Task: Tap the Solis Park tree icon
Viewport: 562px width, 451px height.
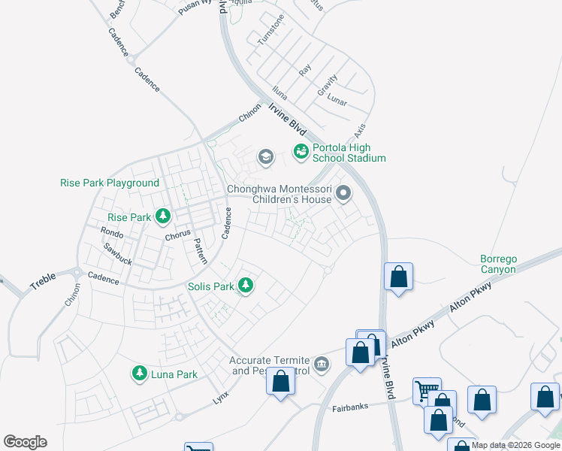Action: pos(245,286)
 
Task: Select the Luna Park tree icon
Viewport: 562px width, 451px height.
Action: pos(139,374)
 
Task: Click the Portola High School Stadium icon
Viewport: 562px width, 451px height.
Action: pos(301,152)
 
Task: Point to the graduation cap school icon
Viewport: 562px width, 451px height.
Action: pos(264,157)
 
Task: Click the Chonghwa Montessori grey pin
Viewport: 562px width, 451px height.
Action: pos(343,195)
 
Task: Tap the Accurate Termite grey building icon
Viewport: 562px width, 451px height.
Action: pos(322,365)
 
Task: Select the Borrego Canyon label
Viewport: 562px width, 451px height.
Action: pos(498,264)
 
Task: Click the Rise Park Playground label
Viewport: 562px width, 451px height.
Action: pos(110,183)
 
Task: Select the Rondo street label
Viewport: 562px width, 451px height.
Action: pos(112,233)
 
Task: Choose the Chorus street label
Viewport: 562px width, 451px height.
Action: pos(177,235)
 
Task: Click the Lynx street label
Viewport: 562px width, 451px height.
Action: pos(220,397)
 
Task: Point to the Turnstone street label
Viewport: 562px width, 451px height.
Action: pos(271,29)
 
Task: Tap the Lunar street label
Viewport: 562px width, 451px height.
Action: pos(337,98)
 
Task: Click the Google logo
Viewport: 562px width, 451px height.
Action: pos(25,442)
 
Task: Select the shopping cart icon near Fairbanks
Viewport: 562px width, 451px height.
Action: pos(426,391)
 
